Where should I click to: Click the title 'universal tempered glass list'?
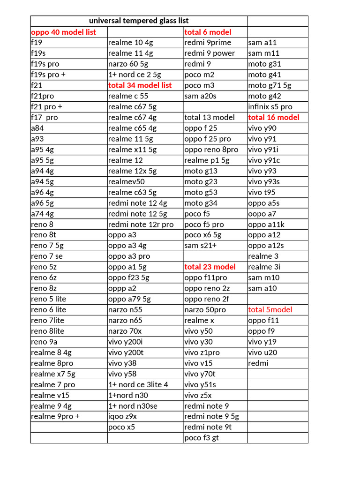(x=139, y=21)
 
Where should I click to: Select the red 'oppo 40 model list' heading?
(x=63, y=32)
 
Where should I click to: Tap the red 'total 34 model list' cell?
(x=140, y=85)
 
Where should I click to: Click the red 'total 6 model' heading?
(x=208, y=32)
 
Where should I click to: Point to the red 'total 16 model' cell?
(x=274, y=117)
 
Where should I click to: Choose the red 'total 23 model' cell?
(x=210, y=267)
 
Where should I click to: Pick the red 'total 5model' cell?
(x=270, y=309)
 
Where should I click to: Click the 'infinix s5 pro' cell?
(x=270, y=106)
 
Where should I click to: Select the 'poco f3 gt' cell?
(x=202, y=438)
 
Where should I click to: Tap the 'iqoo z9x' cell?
(x=122, y=416)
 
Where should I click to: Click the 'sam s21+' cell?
(x=200, y=245)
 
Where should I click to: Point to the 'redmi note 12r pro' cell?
(x=141, y=224)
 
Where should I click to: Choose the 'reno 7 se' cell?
(x=47, y=256)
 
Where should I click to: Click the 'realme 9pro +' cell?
(x=55, y=416)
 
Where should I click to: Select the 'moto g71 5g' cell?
(x=270, y=85)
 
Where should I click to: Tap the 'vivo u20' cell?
(x=262, y=352)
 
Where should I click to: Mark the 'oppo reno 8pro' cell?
(x=211, y=150)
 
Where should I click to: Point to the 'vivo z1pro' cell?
(x=202, y=352)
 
